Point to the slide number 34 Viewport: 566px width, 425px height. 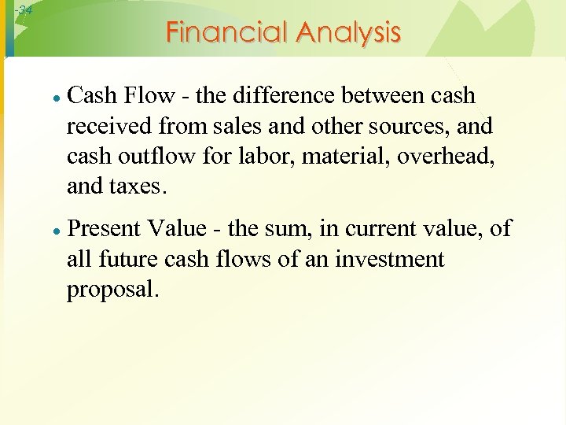24,10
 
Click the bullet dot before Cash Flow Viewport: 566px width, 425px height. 57,98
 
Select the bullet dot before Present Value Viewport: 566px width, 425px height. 57,231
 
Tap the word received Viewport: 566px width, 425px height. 103,126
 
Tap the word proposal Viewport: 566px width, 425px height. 112,290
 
